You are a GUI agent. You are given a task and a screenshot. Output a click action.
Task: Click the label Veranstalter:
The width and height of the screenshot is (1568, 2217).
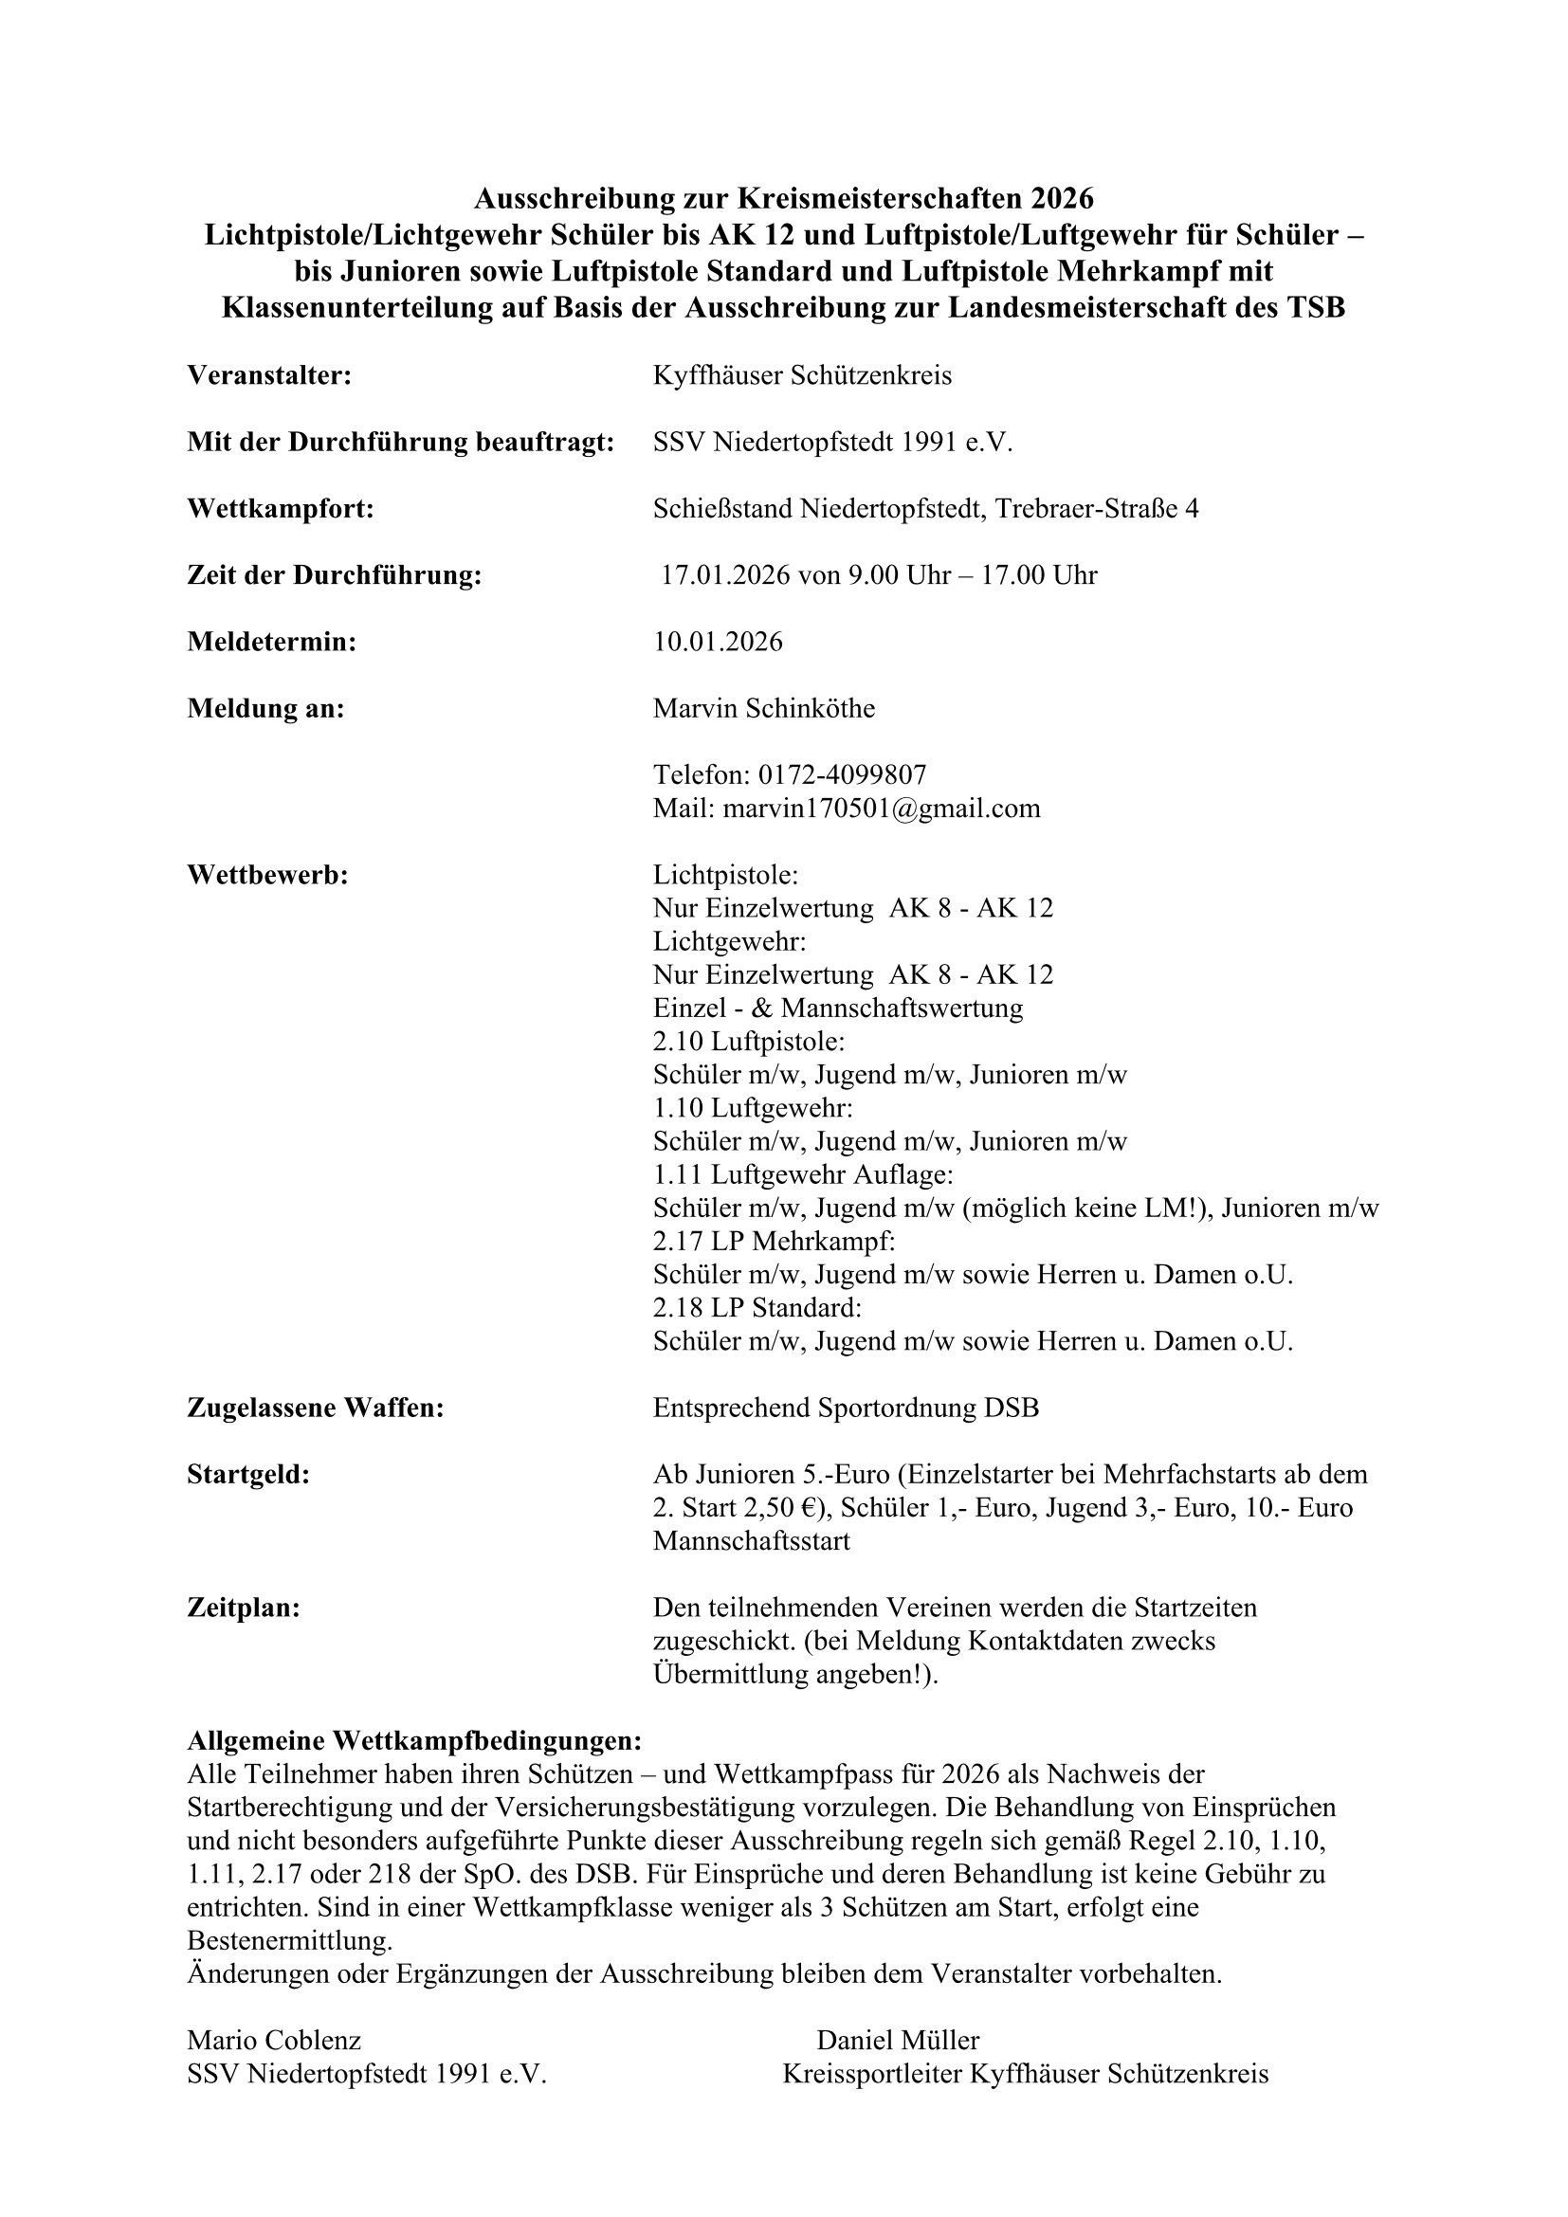click(268, 375)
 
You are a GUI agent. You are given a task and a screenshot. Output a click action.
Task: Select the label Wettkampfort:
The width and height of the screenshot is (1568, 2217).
click(280, 509)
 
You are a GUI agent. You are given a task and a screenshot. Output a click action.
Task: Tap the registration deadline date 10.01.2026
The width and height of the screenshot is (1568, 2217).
click(718, 642)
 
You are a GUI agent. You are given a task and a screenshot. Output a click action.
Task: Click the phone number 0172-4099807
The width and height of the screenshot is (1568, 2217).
click(842, 774)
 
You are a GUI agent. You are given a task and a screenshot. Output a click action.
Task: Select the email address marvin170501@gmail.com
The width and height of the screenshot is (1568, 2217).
click(881, 808)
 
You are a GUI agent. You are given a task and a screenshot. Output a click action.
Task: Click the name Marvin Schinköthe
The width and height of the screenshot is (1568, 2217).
click(764, 709)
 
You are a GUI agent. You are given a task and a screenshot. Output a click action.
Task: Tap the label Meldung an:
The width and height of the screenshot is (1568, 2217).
click(265, 709)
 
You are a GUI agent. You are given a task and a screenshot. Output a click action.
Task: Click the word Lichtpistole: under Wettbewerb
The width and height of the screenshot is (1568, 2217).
click(725, 875)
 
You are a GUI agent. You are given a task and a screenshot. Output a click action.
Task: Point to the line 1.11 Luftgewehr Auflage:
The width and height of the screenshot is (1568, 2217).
click(802, 1174)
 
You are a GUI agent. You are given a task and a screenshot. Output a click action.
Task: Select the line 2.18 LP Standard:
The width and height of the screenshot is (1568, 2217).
click(757, 1307)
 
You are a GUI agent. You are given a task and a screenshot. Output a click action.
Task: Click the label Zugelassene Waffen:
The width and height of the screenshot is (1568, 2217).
click(315, 1408)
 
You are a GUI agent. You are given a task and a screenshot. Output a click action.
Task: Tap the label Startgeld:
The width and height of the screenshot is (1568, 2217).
click(248, 1475)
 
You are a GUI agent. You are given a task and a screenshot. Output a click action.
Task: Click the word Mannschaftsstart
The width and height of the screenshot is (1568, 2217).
click(751, 1541)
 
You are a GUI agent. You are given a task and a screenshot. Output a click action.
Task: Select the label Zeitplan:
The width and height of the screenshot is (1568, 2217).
click(244, 1608)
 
